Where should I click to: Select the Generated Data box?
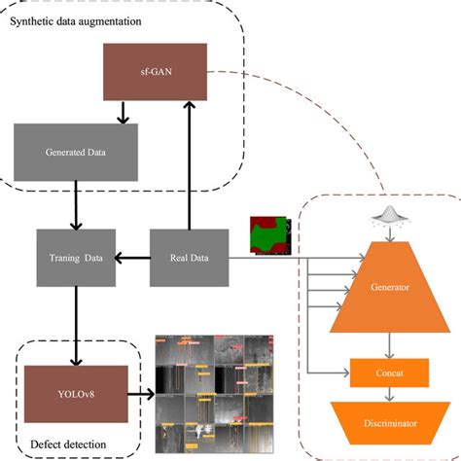[x=76, y=152]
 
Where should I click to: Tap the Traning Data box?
[x=76, y=258]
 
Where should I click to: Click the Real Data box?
[x=189, y=258]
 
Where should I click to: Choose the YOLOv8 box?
[x=76, y=394]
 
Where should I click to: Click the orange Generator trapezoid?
[x=389, y=288]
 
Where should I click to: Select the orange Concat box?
[x=389, y=372]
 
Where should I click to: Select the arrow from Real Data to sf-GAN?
[x=189, y=165]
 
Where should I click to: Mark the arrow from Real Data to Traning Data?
[x=132, y=258]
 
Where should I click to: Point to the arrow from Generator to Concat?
[x=389, y=344]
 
